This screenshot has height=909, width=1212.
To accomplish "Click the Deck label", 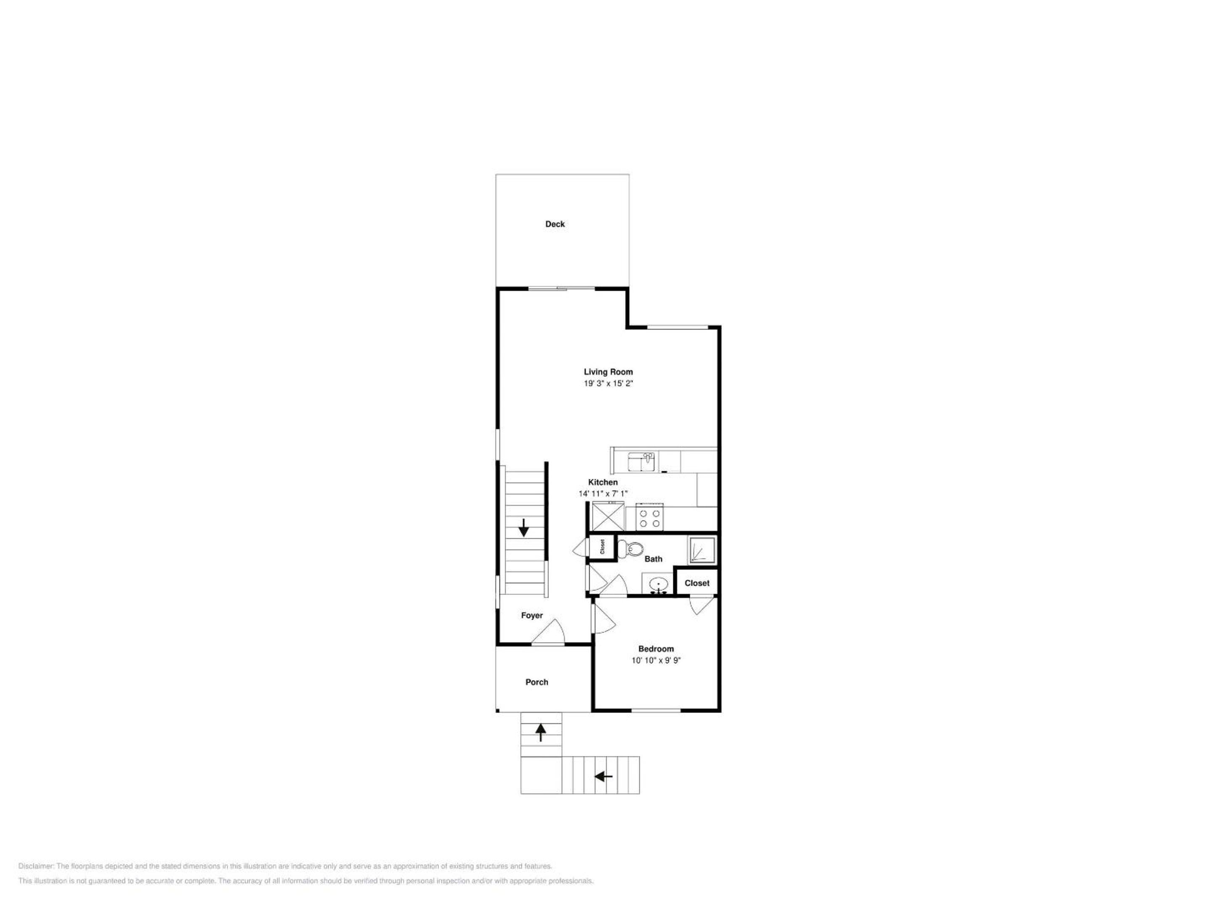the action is (555, 224).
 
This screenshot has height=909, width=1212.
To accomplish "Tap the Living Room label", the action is (608, 372).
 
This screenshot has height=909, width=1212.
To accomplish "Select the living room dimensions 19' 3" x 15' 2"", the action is (608, 383).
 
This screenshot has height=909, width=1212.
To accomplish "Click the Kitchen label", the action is (603, 482).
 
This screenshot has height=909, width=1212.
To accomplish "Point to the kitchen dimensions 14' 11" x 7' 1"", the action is (603, 494).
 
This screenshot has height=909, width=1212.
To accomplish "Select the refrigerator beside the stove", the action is (609, 517).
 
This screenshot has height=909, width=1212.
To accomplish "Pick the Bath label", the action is (653, 559).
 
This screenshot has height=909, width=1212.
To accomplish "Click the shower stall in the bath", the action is (702, 550).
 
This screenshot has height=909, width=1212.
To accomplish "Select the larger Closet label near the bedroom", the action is (697, 583).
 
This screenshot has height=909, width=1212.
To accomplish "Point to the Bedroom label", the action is (656, 649).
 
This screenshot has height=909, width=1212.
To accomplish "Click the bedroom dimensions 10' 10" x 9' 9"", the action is (656, 660).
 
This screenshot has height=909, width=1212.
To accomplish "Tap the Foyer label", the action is (532, 615).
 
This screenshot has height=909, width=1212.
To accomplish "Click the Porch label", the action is (537, 682).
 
